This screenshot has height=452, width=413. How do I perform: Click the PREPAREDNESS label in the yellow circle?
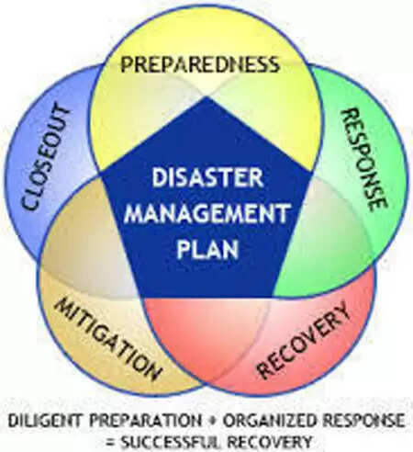pyautogui.click(x=200, y=64)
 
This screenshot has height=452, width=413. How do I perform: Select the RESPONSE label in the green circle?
pyautogui.click(x=364, y=159)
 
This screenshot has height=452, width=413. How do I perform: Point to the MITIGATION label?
pyautogui.click(x=108, y=339)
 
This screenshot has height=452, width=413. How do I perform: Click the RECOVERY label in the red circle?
pyautogui.click(x=303, y=340)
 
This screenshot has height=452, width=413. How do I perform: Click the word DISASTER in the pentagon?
pyautogui.click(x=207, y=177)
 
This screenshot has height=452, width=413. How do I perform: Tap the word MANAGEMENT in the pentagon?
pyautogui.click(x=207, y=213)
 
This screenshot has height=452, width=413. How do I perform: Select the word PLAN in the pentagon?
pyautogui.click(x=207, y=249)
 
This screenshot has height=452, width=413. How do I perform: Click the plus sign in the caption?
pyautogui.click(x=212, y=421)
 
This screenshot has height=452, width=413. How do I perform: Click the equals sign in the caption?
pyautogui.click(x=111, y=442)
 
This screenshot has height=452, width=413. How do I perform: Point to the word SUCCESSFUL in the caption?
pyautogui.click(x=171, y=442)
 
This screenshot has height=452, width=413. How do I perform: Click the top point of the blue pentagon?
pyautogui.click(x=206, y=96)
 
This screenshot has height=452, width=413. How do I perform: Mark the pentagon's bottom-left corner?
pyautogui.click(x=141, y=297)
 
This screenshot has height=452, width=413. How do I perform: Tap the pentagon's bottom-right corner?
pyautogui.click(x=273, y=297)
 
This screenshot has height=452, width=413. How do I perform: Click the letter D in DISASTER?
pyautogui.click(x=159, y=177)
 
